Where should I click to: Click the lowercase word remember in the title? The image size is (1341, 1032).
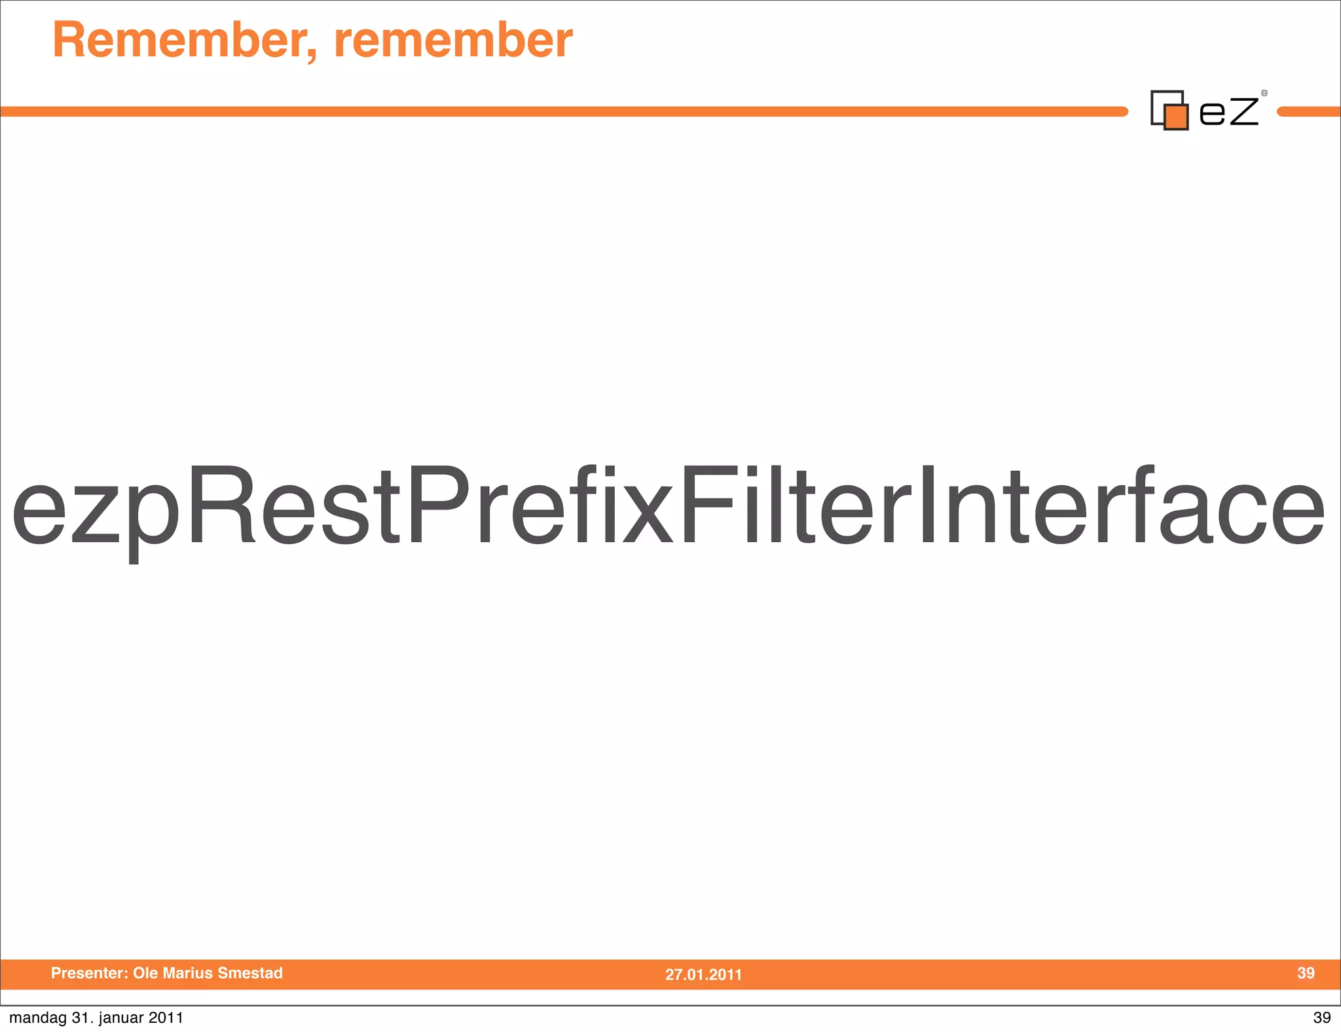453,41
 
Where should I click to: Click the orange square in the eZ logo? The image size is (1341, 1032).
1177,117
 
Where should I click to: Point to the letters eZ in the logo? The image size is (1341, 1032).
1228,111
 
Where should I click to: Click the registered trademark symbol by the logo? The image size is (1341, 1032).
1264,94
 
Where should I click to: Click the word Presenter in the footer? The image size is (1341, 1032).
89,973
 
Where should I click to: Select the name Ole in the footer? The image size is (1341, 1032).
146,973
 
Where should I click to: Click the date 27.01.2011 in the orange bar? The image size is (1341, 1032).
703,974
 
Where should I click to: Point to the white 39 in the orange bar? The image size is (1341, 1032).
1306,973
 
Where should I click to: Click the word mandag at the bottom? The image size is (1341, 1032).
37,1018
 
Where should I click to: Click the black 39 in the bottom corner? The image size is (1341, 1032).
1321,1018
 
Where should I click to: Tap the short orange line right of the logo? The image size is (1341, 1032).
1310,112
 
